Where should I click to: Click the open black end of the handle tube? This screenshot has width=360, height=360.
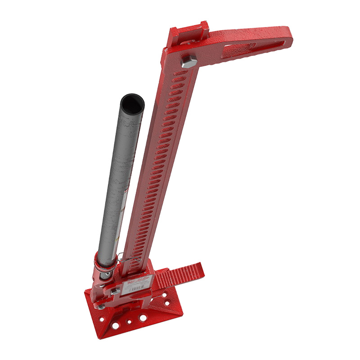pos(133,103)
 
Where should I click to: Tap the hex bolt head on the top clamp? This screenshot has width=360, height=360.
pos(188,61)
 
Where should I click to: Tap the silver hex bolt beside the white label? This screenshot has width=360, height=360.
pos(115,291)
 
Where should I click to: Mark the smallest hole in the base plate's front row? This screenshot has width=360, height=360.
pos(130,322)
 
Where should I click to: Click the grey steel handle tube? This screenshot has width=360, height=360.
pos(119,180)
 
